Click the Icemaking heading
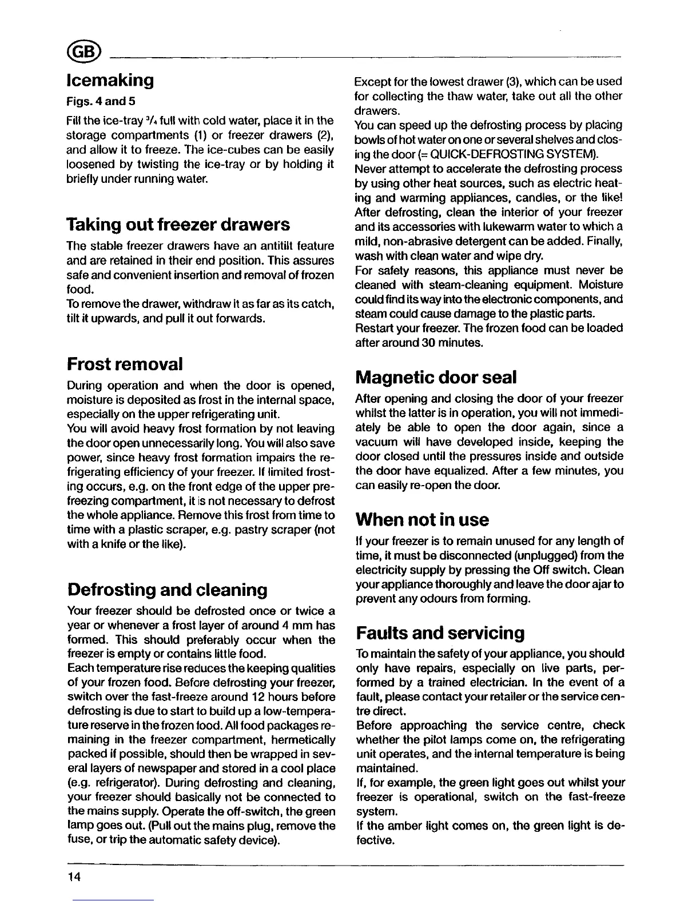tap(110, 80)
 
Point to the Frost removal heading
tap(125, 363)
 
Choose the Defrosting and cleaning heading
tap(167, 589)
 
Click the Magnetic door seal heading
tap(436, 377)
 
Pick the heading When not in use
tap(422, 519)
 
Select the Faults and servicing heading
tap(440, 633)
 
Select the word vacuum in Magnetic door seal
tap(375, 442)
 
